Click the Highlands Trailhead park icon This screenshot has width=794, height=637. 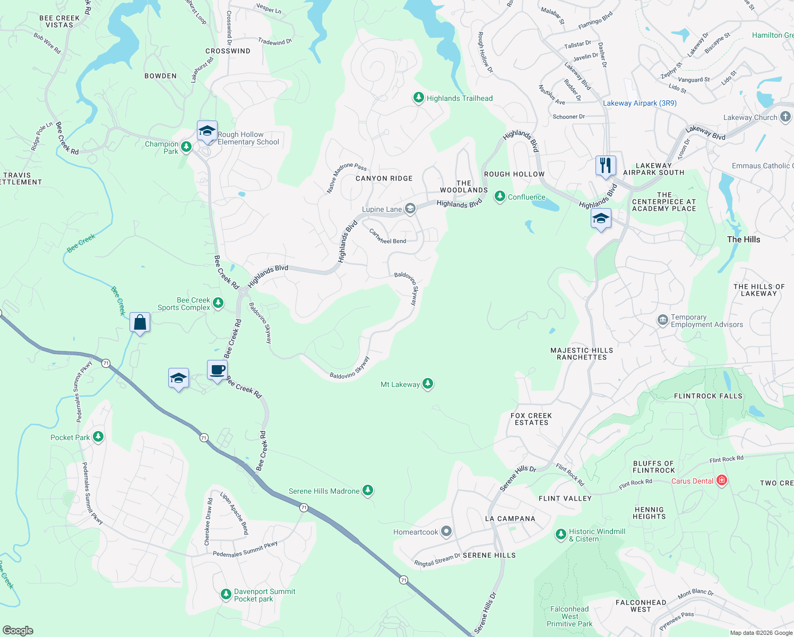pos(419,98)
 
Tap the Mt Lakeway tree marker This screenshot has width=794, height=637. pos(427,384)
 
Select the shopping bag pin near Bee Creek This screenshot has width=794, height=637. pos(140,322)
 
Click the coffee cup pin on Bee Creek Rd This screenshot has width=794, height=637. pos(217,369)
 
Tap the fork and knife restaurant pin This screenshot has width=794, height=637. pos(606,165)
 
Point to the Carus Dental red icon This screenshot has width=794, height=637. pos(721,481)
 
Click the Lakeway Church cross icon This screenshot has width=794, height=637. pos(786,117)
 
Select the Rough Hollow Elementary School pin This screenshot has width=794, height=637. pos(206,131)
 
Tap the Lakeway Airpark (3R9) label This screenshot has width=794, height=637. pos(640,103)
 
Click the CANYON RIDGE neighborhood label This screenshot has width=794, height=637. pos(384,178)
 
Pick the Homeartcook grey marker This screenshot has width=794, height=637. pos(446,531)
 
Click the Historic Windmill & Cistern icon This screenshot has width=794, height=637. pos(561,534)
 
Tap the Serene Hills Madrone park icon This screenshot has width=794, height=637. pos(367,490)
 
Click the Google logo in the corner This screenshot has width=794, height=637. pos(18,630)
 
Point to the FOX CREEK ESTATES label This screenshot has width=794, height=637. pos(531,419)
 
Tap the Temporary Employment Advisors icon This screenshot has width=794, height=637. pos(662,320)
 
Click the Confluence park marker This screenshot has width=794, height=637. pos(499,196)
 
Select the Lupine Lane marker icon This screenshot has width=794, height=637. pos(410,209)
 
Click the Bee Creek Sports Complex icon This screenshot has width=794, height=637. pos(218,303)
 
